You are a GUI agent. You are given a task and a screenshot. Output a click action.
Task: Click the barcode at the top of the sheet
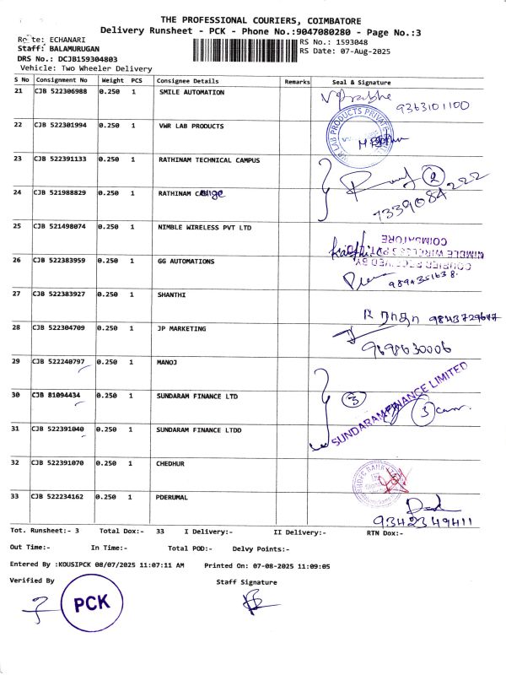tap(245, 47)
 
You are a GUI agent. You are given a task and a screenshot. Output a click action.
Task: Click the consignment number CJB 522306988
tap(60, 92)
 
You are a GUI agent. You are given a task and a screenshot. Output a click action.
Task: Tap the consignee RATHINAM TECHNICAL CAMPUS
tap(209, 159)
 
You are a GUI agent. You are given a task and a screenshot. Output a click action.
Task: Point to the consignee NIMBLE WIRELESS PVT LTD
tap(204, 227)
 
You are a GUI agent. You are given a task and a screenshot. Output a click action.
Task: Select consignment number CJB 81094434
tap(57, 395)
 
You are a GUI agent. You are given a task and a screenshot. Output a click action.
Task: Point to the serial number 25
tap(19, 226)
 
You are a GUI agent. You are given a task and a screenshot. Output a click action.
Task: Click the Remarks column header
tap(297, 82)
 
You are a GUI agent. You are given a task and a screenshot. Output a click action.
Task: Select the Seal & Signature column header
tap(362, 82)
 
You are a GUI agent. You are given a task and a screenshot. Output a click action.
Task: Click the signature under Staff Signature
tap(250, 602)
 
